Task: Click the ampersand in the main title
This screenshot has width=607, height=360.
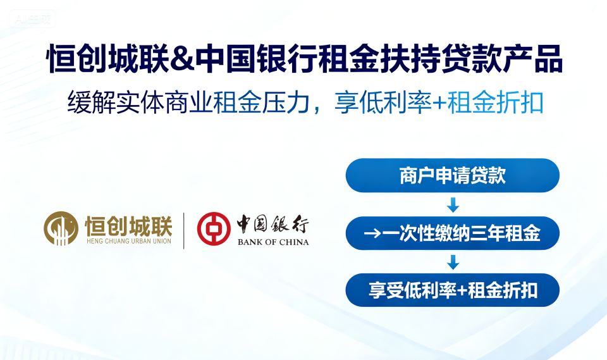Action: [182, 59]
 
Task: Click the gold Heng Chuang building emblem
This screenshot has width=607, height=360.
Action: [61, 228]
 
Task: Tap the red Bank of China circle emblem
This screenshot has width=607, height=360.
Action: [214, 228]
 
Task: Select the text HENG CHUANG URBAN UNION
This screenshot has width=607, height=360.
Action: [129, 241]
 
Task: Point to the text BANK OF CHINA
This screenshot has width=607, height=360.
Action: [273, 242]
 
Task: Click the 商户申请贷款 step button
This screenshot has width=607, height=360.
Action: [453, 175]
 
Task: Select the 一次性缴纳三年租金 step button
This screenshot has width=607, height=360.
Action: [453, 233]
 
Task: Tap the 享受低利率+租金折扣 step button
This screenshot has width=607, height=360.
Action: [453, 290]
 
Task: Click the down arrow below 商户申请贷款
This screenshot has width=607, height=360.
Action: [453, 204]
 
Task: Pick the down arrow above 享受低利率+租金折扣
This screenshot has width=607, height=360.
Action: [453, 262]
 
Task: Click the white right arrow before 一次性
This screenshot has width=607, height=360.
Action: [372, 233]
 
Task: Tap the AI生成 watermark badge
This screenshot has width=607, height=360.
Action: [32, 18]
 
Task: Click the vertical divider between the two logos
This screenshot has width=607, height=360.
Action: [183, 230]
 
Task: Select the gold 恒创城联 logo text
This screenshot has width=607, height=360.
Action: [128, 226]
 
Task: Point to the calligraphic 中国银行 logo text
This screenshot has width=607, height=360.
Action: [273, 225]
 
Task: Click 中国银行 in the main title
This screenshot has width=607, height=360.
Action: [256, 59]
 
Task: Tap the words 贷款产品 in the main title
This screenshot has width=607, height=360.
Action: [501, 59]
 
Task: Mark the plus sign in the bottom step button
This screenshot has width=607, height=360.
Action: [462, 290]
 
